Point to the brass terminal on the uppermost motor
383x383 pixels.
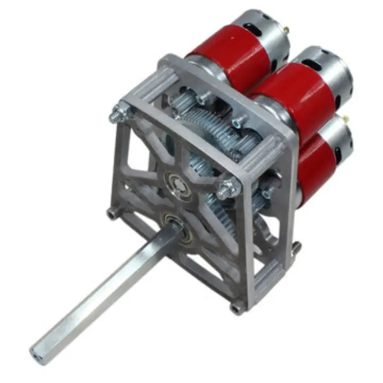(286, 30)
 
